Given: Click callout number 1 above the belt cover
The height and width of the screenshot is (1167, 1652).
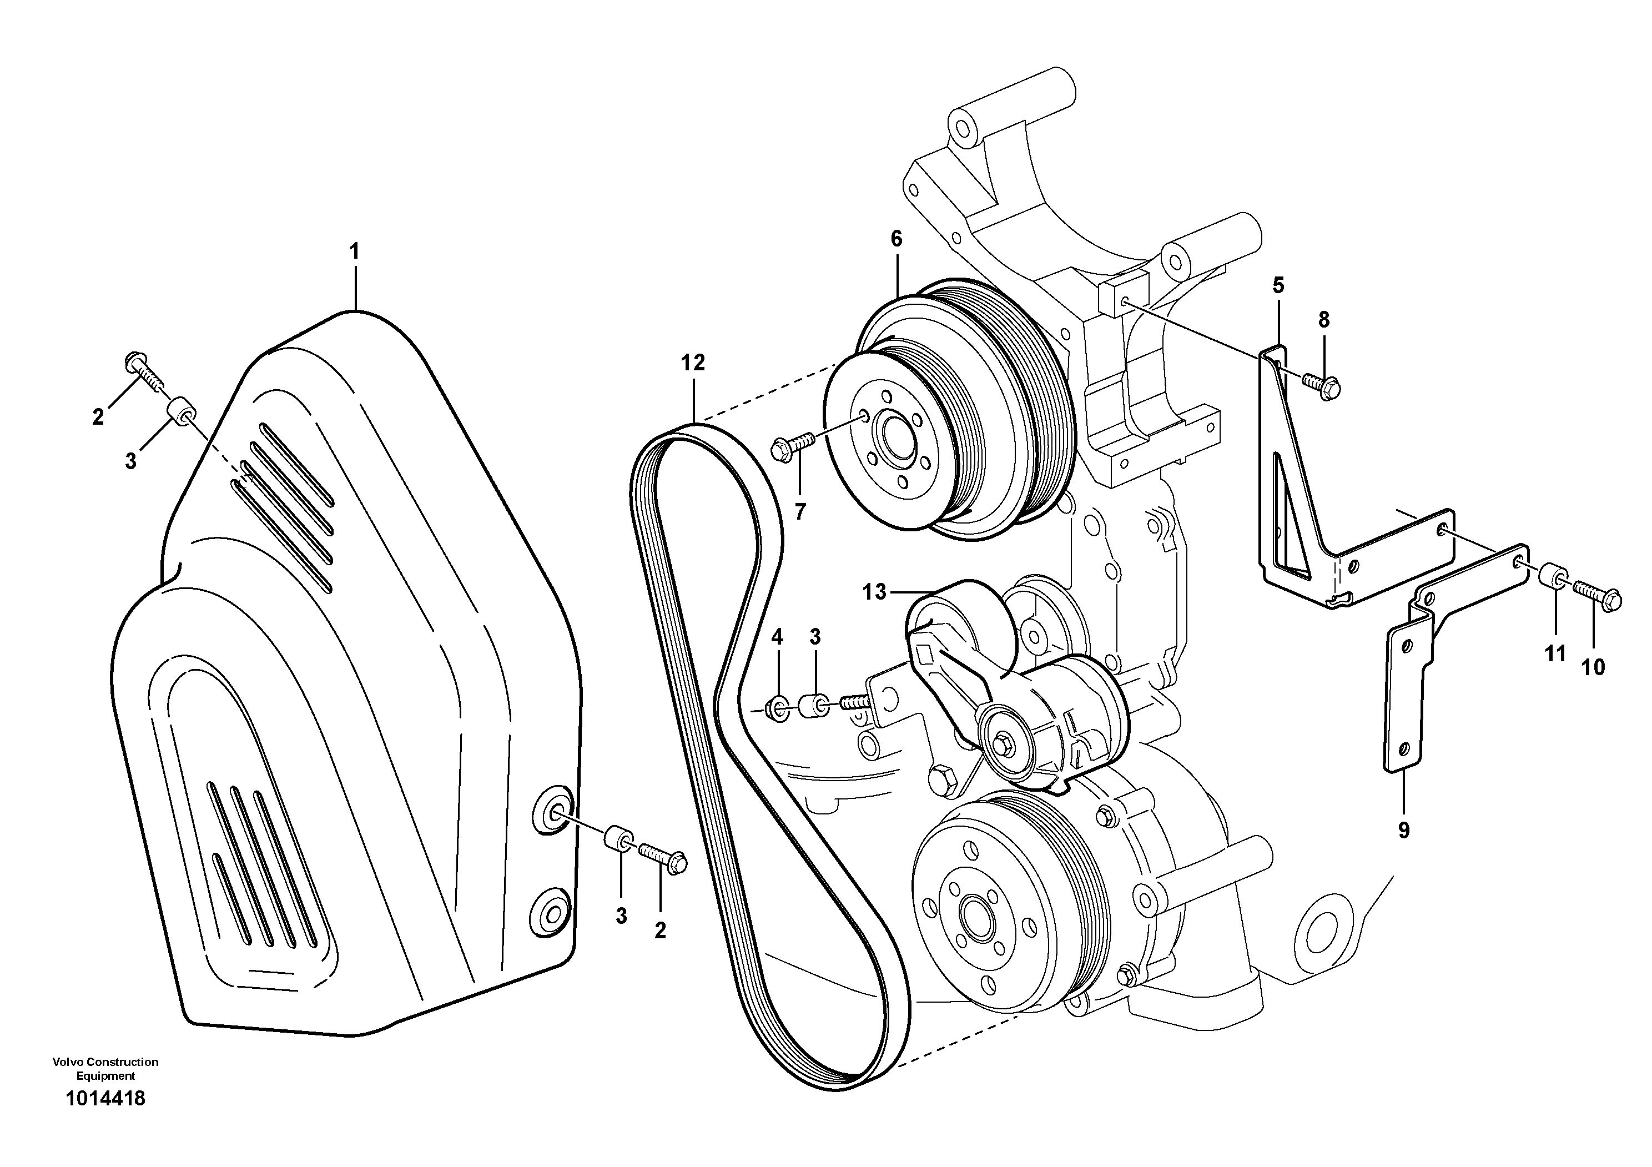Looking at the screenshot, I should (x=354, y=252).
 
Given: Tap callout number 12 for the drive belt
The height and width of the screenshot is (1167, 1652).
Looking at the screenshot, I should (x=693, y=363).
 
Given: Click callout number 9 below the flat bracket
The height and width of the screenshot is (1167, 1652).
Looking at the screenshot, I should (x=1404, y=831).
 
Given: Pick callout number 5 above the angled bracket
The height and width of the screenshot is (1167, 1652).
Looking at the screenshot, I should (x=1277, y=285).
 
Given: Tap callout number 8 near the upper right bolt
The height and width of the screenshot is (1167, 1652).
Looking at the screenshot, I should (x=1324, y=320).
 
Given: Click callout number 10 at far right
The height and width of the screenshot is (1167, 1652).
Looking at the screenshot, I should (x=1593, y=668).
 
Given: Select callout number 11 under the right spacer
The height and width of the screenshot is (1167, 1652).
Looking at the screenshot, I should (x=1555, y=654).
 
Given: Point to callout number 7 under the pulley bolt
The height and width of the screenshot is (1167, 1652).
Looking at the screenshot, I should (x=800, y=511).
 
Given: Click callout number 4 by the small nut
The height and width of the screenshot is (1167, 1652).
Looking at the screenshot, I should (x=777, y=637).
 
